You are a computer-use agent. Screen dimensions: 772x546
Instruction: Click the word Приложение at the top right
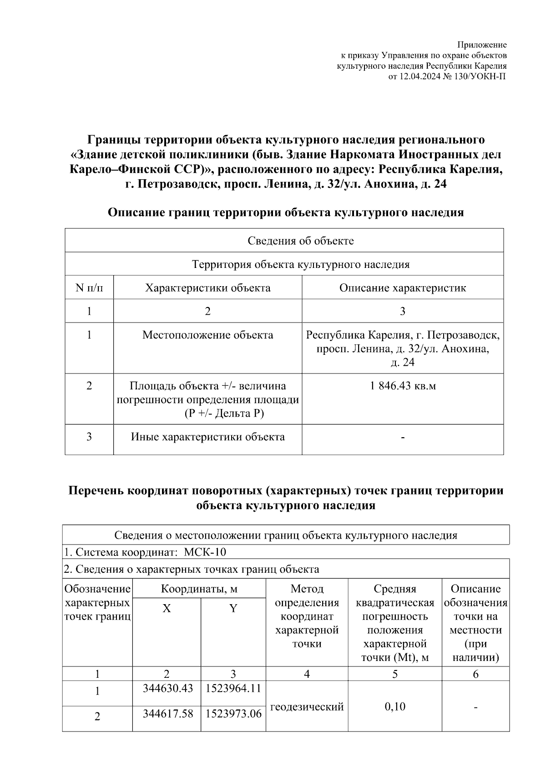coord(481,45)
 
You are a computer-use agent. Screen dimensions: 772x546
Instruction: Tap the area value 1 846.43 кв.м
coord(403,386)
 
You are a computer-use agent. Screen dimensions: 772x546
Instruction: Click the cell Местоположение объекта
coord(207,335)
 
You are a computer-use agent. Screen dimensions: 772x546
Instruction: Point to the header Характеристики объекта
coord(207,288)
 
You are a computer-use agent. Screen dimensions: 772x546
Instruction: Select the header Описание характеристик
coord(403,288)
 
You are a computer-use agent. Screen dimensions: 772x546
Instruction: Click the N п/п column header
coord(89,288)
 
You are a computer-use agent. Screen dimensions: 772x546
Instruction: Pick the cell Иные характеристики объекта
coord(207,437)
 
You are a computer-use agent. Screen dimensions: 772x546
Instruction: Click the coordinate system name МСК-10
coord(205,552)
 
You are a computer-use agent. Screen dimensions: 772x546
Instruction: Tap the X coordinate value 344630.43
coord(168,688)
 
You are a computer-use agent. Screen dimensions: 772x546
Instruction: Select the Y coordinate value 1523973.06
coord(233,714)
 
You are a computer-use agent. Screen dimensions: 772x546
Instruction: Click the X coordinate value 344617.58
coord(168,714)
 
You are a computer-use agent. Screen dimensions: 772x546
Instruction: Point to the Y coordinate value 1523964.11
coord(233,688)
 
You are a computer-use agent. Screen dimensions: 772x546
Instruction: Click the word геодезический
coord(307,706)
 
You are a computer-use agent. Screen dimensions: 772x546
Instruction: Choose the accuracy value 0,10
coord(394,706)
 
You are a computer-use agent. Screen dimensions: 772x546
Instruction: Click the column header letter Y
coord(233,609)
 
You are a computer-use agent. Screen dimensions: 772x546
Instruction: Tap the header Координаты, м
coord(199,589)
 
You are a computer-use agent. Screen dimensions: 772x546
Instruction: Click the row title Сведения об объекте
coord(300,241)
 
